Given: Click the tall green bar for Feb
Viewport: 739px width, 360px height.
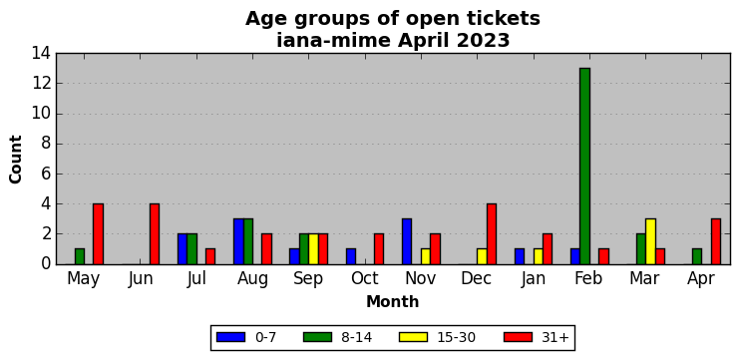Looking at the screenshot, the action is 584,166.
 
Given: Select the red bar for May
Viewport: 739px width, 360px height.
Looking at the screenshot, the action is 98,233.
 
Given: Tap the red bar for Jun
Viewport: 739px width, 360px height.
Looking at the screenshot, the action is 155,233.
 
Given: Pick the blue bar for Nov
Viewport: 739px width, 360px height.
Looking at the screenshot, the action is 407,241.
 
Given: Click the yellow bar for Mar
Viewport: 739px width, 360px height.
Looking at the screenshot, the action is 650,241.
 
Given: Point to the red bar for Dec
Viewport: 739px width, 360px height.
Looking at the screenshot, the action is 492,233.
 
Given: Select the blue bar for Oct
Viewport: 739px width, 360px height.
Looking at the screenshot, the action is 351,256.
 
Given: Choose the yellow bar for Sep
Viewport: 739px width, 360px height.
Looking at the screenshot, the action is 313,248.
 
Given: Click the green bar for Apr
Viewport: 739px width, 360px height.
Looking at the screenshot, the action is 697,256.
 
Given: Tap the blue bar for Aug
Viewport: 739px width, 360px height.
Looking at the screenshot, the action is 238,241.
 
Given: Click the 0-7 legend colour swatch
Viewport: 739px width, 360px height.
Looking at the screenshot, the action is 231,337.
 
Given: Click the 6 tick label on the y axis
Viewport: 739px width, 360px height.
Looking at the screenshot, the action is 46,174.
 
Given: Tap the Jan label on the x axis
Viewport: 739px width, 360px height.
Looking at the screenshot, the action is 534,279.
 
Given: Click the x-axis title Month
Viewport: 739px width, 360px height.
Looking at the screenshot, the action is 393,301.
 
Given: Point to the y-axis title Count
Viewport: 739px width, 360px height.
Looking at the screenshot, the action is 16,160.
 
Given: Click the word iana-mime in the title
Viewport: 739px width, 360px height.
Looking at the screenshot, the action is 333,41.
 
